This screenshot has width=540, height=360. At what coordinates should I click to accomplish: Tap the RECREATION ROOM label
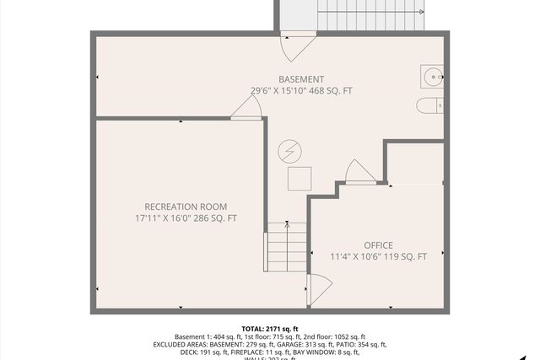point(186,207)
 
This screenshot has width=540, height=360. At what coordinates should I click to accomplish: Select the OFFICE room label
point(378,245)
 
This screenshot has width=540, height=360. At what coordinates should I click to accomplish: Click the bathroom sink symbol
point(432,77)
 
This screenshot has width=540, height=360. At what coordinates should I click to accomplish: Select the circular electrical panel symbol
point(289,151)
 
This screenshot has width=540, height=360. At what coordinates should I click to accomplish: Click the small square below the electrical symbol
point(299,178)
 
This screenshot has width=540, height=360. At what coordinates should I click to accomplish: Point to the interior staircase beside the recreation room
point(287,245)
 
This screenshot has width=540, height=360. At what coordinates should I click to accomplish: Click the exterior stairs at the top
point(349,15)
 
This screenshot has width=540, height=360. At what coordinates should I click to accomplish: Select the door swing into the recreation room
point(248,107)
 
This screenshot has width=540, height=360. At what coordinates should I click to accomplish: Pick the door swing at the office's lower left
point(319,289)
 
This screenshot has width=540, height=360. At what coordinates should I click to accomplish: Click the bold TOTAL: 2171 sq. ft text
point(270,328)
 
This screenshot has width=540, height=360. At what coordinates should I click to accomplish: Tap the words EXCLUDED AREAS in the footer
point(181,345)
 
